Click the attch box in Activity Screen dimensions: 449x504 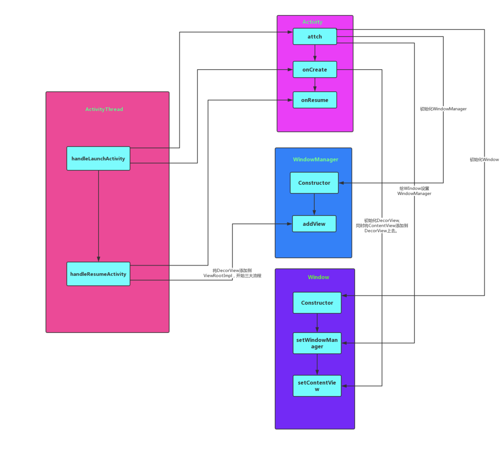[x=314, y=36]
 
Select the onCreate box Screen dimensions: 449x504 [x=314, y=70]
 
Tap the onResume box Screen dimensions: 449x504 [x=314, y=100]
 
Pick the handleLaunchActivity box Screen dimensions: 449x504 [x=98, y=159]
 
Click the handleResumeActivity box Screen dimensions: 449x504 [x=98, y=274]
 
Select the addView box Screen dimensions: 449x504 [x=314, y=224]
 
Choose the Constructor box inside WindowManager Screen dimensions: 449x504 [x=314, y=183]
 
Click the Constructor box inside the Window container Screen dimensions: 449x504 [x=317, y=303]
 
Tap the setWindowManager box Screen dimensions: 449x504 [x=317, y=343]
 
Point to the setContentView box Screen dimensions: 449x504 [x=317, y=386]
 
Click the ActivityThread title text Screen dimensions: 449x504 [x=104, y=109]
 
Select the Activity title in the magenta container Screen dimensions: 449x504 [x=312, y=22]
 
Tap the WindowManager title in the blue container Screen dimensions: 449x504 [x=315, y=159]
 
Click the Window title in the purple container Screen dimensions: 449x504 [x=318, y=277]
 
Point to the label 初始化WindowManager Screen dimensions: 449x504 [x=443, y=109]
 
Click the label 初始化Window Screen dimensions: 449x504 [x=484, y=159]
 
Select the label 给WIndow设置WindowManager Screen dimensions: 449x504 [x=414, y=191]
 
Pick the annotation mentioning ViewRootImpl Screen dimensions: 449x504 [x=232, y=273]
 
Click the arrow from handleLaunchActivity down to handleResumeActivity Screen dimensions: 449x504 [x=98, y=215]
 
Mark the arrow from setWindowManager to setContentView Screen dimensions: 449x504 [x=317, y=364]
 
